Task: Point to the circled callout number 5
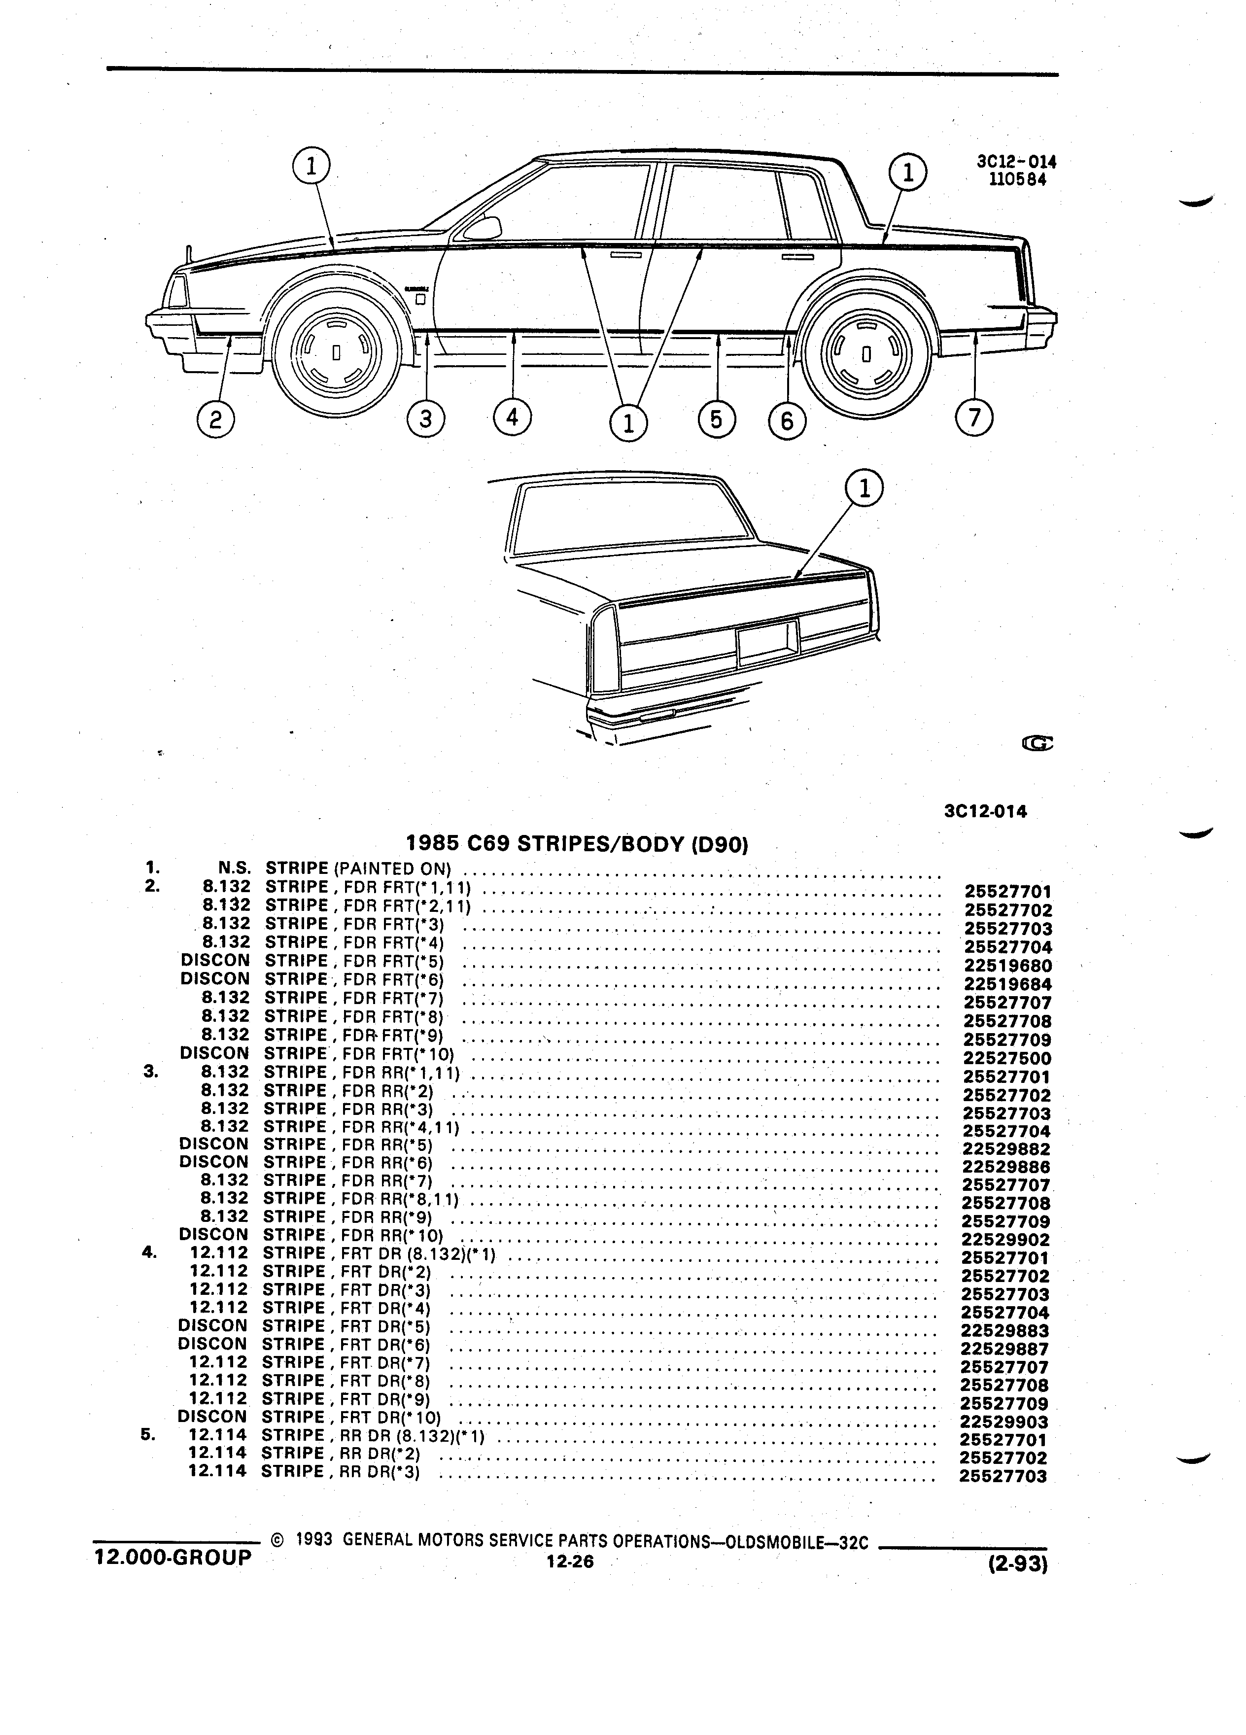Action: (717, 419)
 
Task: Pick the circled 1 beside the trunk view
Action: (865, 489)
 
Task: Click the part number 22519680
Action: (1008, 966)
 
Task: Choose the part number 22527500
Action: (1007, 1058)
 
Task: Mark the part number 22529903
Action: (1004, 1422)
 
